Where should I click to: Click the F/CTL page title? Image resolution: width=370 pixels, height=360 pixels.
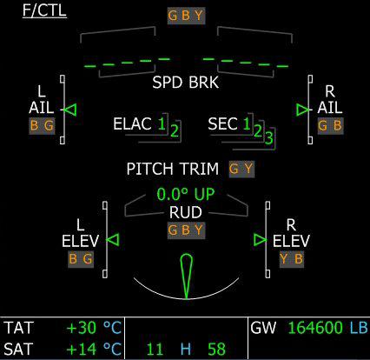tap(44, 10)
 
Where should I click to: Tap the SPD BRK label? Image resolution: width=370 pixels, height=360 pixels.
tap(186, 83)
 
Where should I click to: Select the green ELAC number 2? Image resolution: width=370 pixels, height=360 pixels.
tap(175, 130)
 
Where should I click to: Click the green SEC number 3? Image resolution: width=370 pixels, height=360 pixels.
tap(269, 138)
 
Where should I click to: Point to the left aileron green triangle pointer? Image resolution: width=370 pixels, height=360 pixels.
tap(70, 110)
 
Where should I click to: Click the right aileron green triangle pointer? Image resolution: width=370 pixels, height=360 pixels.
tap(303, 110)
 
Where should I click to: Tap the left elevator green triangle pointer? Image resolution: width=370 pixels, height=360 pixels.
tap(113, 240)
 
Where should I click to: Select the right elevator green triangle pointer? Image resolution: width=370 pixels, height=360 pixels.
tap(260, 240)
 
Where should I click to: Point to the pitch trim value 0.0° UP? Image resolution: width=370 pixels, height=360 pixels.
tap(186, 194)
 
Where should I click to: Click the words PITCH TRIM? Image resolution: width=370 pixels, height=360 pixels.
tap(173, 169)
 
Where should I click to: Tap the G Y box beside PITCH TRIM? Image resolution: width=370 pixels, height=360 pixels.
tap(241, 169)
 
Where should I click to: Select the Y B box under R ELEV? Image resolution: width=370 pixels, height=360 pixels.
tap(292, 259)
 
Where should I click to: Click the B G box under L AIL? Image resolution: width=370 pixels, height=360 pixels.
tap(42, 126)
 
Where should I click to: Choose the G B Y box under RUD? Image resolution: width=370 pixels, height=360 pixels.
tap(186, 230)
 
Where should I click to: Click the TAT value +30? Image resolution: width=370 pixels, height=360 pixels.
tap(82, 328)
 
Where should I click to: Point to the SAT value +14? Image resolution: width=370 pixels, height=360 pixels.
tap(82, 349)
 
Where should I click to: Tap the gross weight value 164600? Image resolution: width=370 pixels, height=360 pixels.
tap(316, 328)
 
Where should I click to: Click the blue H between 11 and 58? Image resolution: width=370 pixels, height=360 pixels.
tap(186, 349)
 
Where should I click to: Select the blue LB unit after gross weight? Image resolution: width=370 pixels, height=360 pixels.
tap(359, 328)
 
